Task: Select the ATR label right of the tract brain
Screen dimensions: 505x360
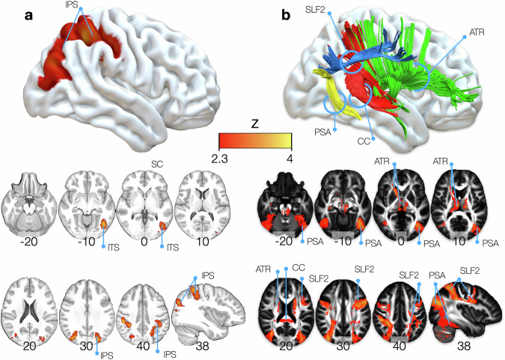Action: pyautogui.click(x=477, y=33)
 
